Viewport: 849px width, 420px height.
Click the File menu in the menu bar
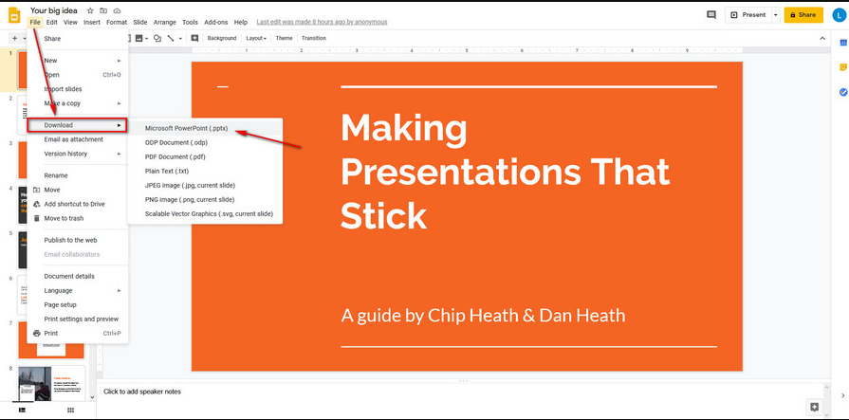(34, 22)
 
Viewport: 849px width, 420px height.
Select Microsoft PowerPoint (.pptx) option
(186, 128)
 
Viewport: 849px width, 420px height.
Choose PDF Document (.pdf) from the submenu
(175, 156)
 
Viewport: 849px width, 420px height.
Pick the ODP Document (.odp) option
(175, 142)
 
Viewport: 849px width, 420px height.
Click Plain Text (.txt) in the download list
(167, 171)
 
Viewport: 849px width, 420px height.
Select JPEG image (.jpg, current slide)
(190, 185)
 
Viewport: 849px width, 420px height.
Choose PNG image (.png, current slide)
(189, 200)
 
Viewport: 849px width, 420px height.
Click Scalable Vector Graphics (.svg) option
(208, 214)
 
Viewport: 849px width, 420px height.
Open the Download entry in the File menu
(59, 125)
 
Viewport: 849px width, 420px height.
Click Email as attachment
(74, 139)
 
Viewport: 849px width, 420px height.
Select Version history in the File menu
(65, 154)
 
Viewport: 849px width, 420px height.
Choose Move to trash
(65, 218)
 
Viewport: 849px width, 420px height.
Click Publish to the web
(70, 240)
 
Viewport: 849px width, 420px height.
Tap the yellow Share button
(803, 15)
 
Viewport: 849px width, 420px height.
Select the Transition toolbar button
(313, 38)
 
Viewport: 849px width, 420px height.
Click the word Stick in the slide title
(383, 215)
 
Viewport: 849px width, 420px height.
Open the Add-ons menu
(215, 22)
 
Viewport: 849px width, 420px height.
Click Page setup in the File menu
(61, 304)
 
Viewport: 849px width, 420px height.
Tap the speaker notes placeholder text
(142, 392)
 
